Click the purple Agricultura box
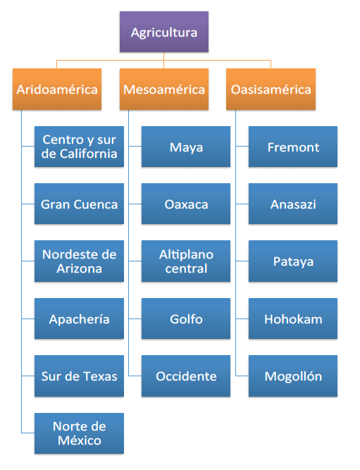click(x=164, y=32)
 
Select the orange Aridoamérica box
click(x=57, y=89)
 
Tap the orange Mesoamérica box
click(x=164, y=89)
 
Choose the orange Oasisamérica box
click(x=271, y=89)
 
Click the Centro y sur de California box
click(x=79, y=147)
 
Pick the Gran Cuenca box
click(x=79, y=204)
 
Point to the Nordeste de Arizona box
click(x=79, y=261)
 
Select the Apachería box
click(x=79, y=319)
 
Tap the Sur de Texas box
click(x=79, y=376)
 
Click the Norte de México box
click(x=79, y=433)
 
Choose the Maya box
click(x=186, y=147)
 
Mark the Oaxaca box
click(x=186, y=204)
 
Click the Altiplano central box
click(x=186, y=261)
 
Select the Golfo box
click(x=186, y=319)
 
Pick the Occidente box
click(x=186, y=376)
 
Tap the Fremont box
click(x=293, y=147)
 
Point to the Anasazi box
click(x=293, y=204)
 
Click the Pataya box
click(x=293, y=261)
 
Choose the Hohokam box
click(x=293, y=319)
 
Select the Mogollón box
click(x=293, y=376)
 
